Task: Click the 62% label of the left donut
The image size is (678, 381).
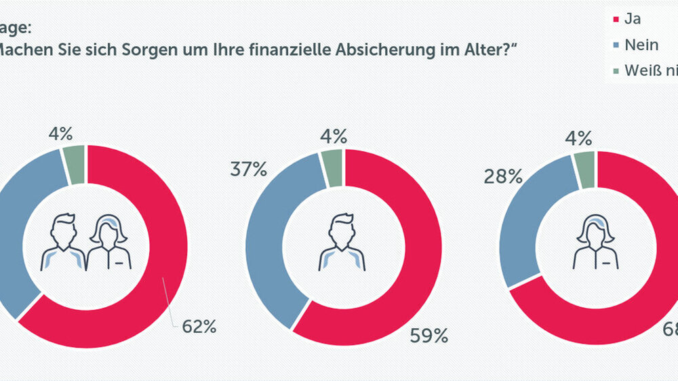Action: [199, 327]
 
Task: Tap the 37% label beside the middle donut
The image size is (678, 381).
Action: [249, 169]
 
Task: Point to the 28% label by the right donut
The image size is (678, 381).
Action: [502, 177]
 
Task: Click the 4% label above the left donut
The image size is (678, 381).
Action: [61, 134]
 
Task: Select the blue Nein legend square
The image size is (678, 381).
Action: [616, 45]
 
